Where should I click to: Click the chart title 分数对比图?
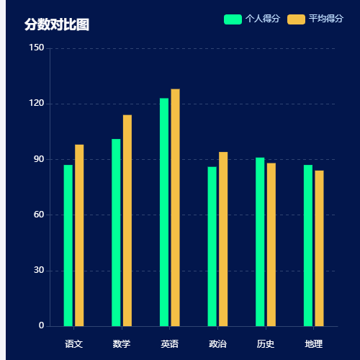coord(57,24)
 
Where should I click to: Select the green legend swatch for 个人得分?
coord(233,19)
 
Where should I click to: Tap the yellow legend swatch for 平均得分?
coord(295,19)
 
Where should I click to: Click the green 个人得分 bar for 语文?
coord(68,246)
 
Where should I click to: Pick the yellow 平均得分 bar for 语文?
coord(79,235)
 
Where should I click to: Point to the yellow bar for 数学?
coord(127,220)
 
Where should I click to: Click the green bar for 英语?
coord(164,212)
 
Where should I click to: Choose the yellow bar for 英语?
coord(175,207)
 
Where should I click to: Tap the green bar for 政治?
coord(212,246)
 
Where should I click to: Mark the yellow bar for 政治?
coord(223,239)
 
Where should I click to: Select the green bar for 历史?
coord(260,242)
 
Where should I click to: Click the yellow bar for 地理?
coord(319,248)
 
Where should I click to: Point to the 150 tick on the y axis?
coord(37,48)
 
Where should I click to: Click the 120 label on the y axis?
coord(37,104)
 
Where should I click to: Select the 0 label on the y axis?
coord(41,326)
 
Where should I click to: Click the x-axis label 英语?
coord(169,344)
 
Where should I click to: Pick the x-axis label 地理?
coord(313,344)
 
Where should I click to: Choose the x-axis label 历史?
coord(265,344)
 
